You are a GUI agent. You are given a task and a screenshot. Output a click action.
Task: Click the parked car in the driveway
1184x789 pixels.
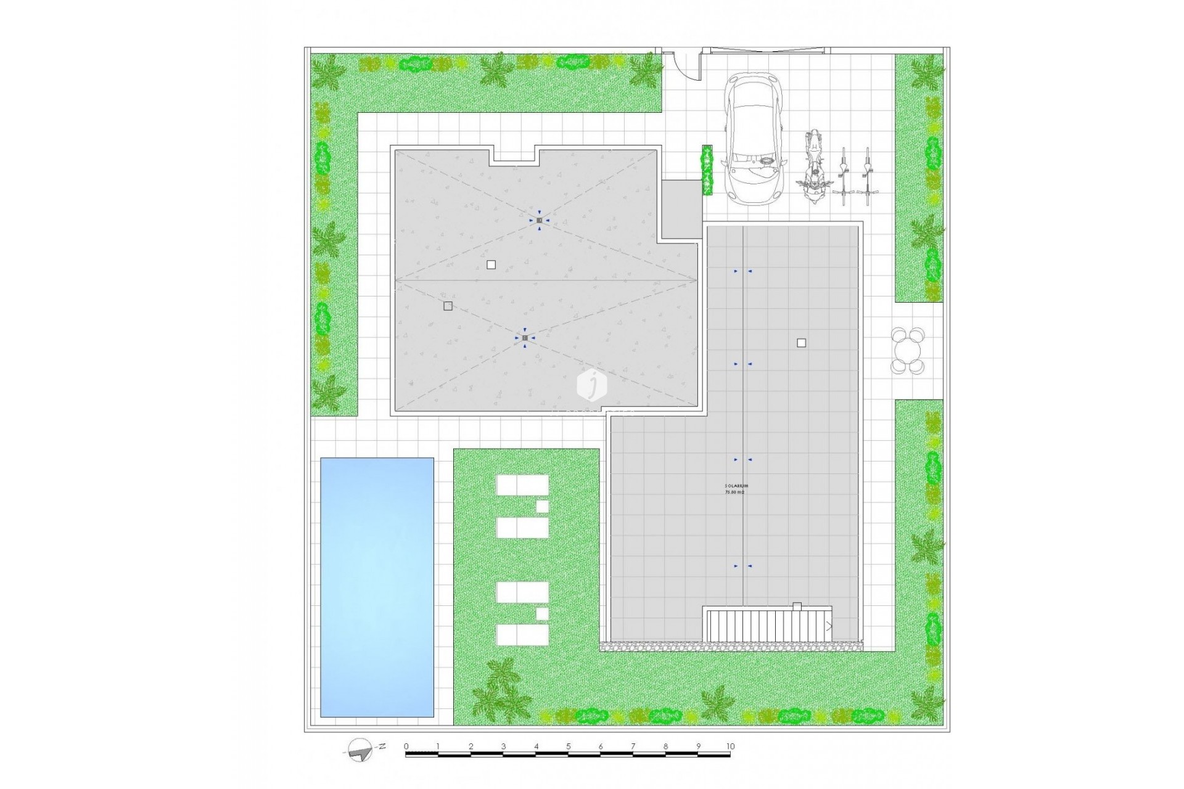pos(755,139)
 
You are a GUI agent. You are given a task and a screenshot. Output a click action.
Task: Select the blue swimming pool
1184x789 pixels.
pos(377,587)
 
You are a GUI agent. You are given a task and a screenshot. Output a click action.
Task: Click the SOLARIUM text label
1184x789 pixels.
pos(736,486)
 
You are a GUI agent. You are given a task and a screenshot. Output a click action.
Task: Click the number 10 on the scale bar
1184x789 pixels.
pos(730,746)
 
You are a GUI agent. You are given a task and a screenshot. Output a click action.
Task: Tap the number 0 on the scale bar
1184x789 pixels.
pos(406,746)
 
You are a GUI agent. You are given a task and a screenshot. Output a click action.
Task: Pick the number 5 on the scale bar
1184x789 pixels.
pos(568,746)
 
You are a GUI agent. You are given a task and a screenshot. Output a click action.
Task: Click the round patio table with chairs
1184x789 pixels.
pos(908,351)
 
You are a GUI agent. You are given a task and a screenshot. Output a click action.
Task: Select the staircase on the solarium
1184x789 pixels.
pos(767,625)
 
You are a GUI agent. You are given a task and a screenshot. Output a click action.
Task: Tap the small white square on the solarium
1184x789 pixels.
pos(801,343)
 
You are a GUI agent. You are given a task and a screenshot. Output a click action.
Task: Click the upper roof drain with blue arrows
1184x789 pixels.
pos(539,220)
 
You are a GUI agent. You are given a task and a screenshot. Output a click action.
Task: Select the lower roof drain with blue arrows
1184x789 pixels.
pos(525,338)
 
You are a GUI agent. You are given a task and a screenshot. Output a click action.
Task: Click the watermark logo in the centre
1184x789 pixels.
pos(592,385)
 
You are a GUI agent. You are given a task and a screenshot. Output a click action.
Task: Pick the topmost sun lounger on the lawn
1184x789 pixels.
pos(522,484)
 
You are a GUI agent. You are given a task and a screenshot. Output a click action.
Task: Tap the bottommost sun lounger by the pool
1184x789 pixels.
pos(522,635)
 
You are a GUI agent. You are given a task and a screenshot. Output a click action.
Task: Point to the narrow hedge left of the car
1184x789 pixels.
pos(707,170)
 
